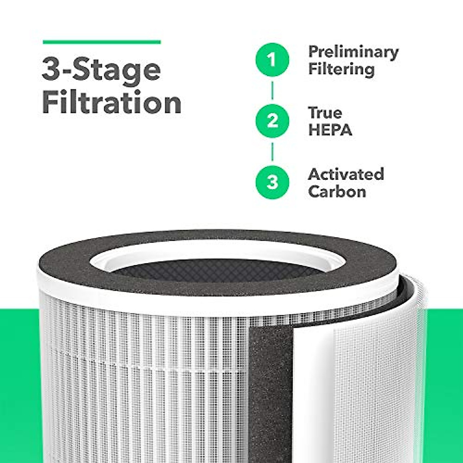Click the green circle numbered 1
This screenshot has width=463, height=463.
272,61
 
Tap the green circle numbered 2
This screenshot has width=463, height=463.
272,121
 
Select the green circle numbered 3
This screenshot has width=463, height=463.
272,182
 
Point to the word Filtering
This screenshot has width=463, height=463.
341,70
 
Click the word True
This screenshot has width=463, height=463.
325,113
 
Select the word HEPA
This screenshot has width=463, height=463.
330,130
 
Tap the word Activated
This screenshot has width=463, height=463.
346,174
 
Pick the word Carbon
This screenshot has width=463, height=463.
337,191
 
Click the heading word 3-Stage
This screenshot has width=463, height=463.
101,71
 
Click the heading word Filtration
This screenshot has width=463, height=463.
112,103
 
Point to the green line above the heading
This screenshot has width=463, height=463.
101,42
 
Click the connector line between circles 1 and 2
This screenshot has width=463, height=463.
272,91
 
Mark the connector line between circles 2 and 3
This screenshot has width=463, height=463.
272,151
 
